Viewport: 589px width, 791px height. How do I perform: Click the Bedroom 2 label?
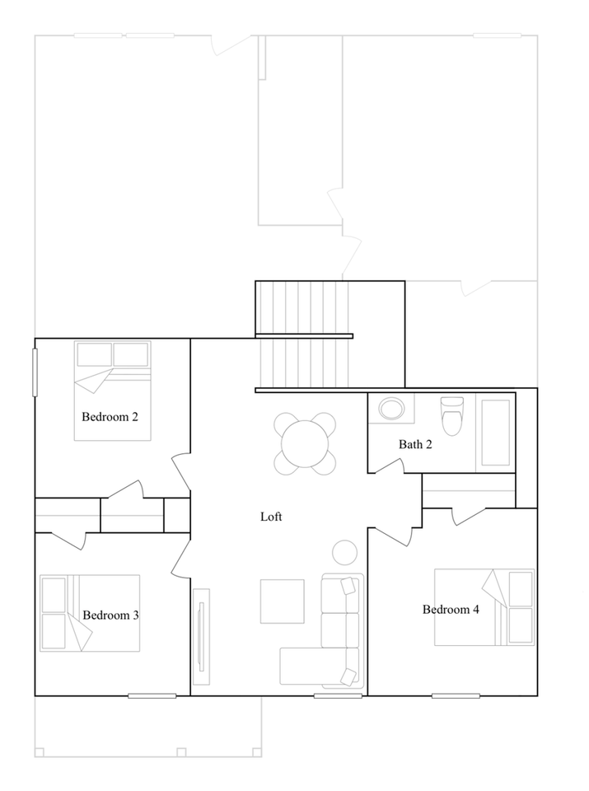click(x=110, y=417)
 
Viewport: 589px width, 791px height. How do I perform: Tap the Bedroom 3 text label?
click(x=110, y=615)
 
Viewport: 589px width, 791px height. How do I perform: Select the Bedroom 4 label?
click(x=451, y=610)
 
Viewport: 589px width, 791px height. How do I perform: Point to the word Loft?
click(x=271, y=517)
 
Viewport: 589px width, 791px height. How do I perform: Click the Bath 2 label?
click(x=415, y=444)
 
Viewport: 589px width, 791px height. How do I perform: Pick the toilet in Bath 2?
click(x=452, y=417)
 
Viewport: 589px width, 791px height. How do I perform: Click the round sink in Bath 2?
click(x=391, y=409)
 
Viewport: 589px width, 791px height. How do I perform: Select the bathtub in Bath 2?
click(x=495, y=433)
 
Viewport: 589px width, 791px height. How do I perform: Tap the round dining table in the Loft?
click(x=305, y=443)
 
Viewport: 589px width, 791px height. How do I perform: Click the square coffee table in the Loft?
click(x=282, y=601)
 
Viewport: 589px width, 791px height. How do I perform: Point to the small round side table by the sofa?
click(x=344, y=551)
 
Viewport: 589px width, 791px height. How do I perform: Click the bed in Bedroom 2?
click(x=113, y=391)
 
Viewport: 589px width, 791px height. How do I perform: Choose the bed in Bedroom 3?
click(x=89, y=613)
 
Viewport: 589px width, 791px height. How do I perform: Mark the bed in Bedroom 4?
click(x=484, y=606)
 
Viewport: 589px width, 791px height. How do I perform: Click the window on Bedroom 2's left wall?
click(x=35, y=372)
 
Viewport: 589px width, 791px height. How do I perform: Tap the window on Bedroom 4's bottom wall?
click(x=456, y=696)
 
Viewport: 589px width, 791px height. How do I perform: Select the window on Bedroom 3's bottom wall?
click(x=152, y=696)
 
